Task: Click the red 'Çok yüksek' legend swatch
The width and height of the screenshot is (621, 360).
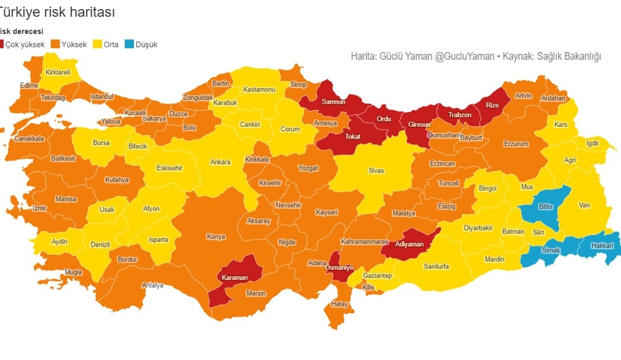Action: [x=2, y=45]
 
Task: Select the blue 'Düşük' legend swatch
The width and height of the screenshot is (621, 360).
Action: [x=129, y=45]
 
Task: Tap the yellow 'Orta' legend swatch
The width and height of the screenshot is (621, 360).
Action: [x=97, y=45]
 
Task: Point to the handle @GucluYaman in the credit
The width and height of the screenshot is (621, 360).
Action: [x=465, y=57]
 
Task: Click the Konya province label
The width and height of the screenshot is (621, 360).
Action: [x=216, y=237]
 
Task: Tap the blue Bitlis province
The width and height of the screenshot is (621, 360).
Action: [x=545, y=206]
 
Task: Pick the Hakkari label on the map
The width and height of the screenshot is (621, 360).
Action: [x=601, y=246]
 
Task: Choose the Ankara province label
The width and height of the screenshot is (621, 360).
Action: [x=220, y=162]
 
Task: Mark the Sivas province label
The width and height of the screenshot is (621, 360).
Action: [x=376, y=171]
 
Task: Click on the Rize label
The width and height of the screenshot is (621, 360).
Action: [x=492, y=105]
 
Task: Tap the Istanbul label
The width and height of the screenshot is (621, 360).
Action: [x=101, y=97]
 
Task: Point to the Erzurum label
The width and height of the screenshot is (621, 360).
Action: [x=516, y=144]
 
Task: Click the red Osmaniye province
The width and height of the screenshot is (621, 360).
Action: [x=339, y=268]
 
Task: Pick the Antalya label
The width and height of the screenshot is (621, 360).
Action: [x=153, y=285]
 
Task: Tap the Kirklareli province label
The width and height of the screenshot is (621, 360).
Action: [x=57, y=72]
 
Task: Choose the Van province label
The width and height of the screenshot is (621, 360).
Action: [x=583, y=205]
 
